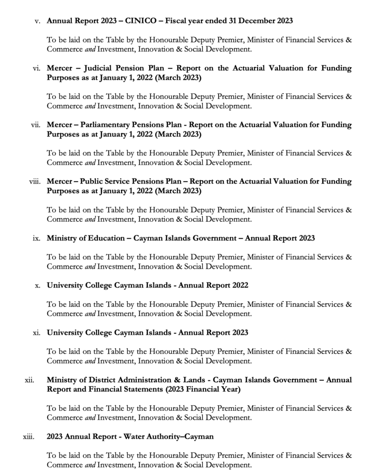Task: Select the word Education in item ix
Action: (104, 238)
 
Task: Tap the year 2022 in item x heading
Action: (239, 285)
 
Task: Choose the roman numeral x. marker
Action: (38, 285)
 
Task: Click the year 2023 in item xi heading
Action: (239, 333)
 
